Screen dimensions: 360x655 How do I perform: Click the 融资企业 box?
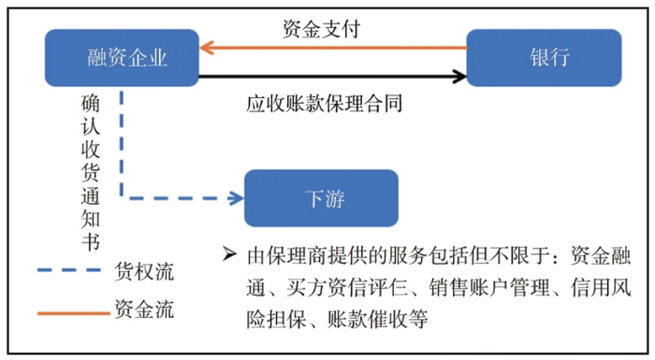click(x=121, y=58)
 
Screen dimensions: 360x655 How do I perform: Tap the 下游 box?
click(x=322, y=198)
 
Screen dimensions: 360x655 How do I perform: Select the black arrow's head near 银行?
click(x=460, y=72)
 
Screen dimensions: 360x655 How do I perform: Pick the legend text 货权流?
click(x=144, y=272)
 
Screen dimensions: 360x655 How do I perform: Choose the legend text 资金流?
click(x=144, y=310)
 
